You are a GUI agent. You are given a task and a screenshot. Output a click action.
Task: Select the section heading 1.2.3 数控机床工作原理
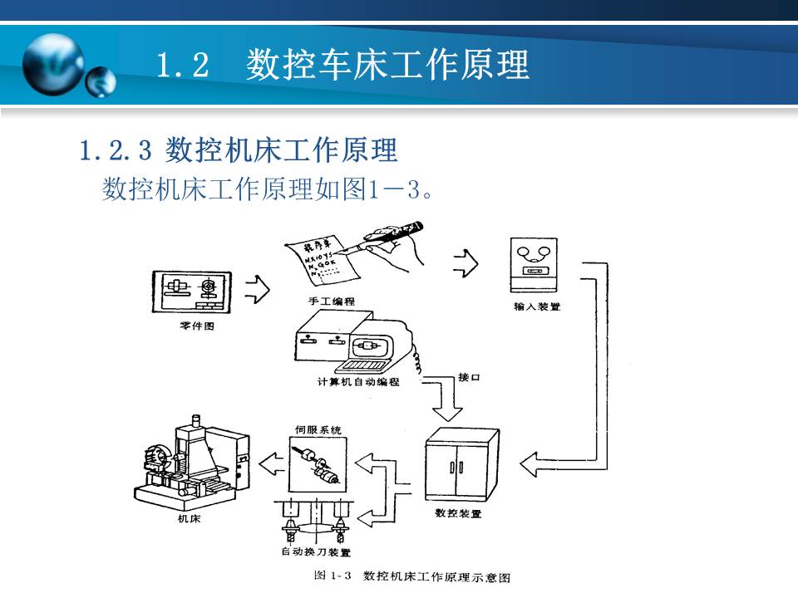(239, 150)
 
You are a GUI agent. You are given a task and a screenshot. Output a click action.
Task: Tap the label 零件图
(197, 326)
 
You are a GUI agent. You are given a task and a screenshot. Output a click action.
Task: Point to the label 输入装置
(537, 306)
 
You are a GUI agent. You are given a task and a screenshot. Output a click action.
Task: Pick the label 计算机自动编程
(357, 382)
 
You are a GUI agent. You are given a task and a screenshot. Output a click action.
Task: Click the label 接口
(469, 378)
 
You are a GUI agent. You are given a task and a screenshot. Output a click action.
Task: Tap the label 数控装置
(458, 513)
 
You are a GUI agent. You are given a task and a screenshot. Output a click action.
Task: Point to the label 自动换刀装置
(315, 552)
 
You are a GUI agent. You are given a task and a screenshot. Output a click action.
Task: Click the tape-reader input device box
(537, 266)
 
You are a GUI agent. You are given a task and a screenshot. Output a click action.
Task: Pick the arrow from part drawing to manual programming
(258, 290)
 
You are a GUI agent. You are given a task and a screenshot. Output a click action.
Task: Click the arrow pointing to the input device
(465, 263)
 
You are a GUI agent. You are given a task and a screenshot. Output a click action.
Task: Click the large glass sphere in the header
(53, 65)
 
